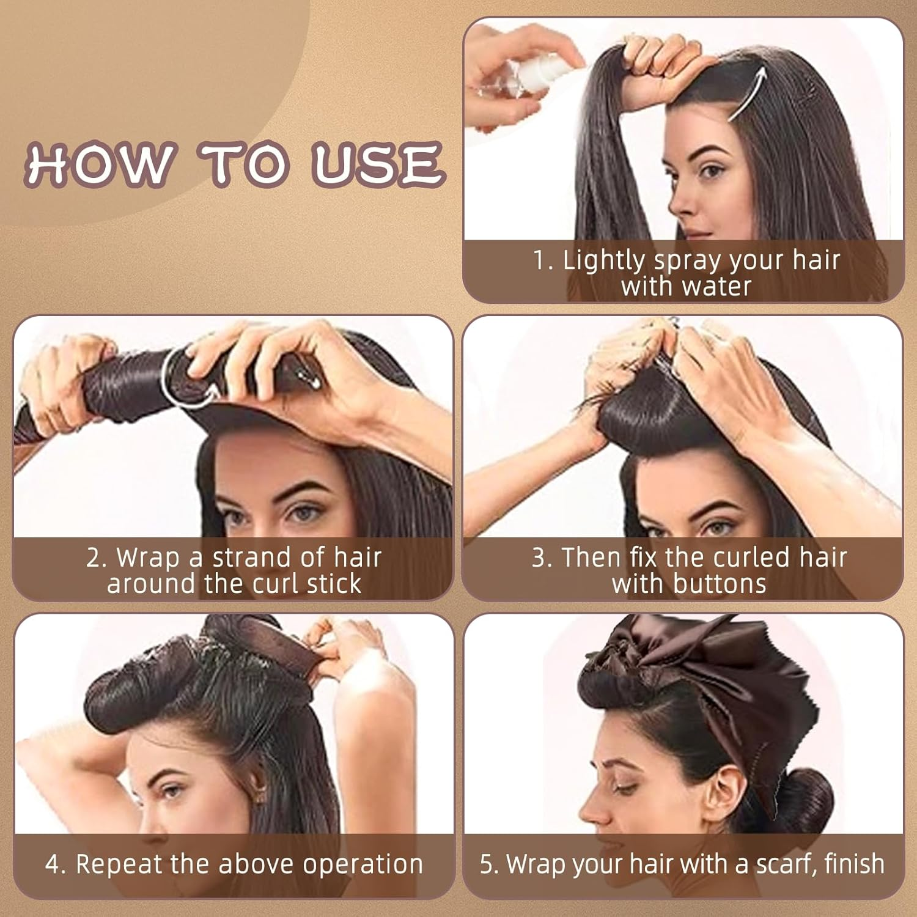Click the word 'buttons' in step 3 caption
tap(719, 584)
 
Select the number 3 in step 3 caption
tap(539, 558)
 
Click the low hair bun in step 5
tap(810, 801)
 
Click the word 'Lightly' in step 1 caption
tap(602, 261)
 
